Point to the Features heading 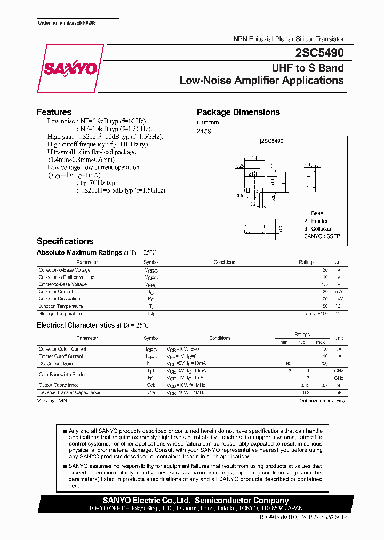pos(54,112)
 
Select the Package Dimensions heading pos(238,112)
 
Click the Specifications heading pos(65,241)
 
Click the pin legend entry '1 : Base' pos(314,213)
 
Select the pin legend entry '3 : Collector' pos(318,228)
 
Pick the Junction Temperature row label pos(61,306)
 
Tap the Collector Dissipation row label pos(59,299)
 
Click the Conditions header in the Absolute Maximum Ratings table pos(224,263)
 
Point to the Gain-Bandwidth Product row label pos(63,374)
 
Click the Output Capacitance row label pos(59,385)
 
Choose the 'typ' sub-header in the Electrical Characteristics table pos(302,342)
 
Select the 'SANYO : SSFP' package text pos(322,236)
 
